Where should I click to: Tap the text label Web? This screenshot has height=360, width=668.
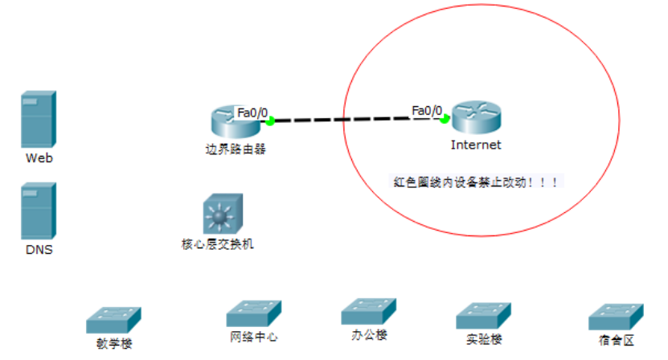(39, 158)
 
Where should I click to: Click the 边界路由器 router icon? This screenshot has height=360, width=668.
(232, 121)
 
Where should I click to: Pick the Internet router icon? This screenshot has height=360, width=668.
(475, 118)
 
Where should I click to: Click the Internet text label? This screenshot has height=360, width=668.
(476, 145)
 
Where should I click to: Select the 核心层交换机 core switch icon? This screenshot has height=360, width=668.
(219, 214)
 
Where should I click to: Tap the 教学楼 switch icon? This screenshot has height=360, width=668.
(113, 320)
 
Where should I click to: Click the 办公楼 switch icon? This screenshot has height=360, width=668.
(368, 312)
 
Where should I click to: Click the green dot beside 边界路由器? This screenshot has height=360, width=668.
(271, 121)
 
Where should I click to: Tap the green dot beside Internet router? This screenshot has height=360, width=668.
(444, 119)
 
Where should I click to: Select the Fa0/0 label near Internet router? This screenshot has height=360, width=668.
(427, 110)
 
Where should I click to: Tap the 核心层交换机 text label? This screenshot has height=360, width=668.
(219, 243)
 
